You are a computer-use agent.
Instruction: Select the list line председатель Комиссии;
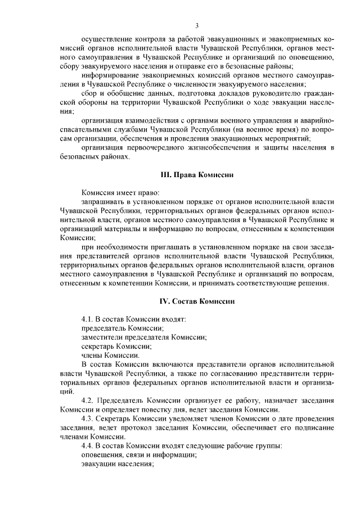(115, 328)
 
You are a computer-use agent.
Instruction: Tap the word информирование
(109, 75)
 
